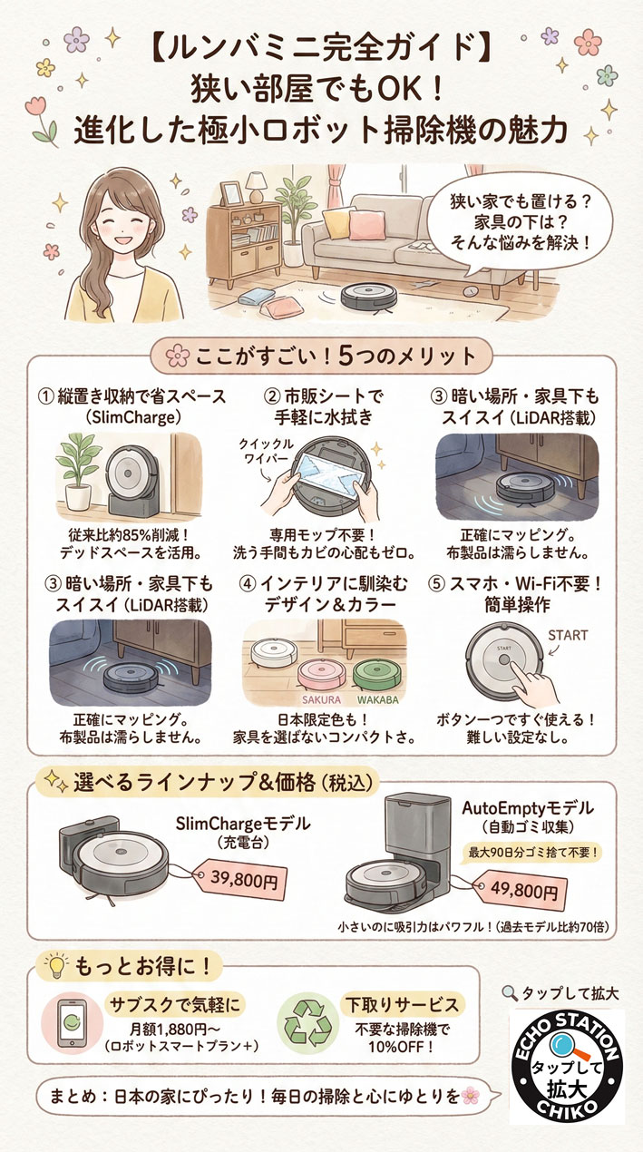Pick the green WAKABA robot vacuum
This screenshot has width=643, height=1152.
[377, 675]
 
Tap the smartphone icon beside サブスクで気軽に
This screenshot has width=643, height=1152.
[73, 1023]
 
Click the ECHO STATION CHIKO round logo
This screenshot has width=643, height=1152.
[567, 1066]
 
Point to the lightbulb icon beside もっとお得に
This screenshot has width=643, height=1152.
[56, 967]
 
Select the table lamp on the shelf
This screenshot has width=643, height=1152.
[255, 187]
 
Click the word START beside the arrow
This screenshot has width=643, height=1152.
[568, 636]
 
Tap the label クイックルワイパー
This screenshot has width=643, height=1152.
[266, 451]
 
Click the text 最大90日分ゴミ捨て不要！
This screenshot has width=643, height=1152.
[533, 853]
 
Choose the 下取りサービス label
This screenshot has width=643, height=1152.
[402, 1004]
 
